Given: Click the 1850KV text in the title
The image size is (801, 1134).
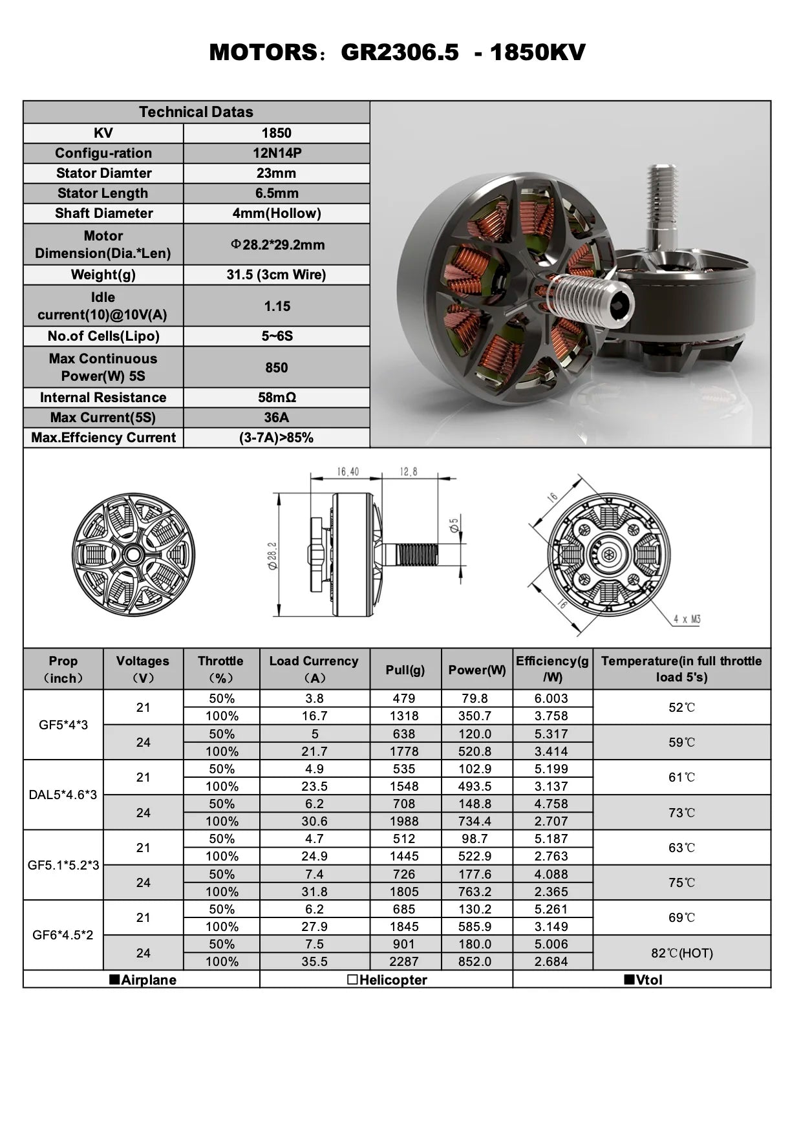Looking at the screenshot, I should coord(537,52).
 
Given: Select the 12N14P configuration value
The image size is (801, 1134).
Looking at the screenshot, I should coord(277,153).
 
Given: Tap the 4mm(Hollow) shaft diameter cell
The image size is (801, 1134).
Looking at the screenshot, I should coord(277,213).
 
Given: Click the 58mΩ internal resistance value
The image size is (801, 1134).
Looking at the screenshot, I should coord(277,398).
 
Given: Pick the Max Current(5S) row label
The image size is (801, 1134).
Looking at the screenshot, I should coord(103,418).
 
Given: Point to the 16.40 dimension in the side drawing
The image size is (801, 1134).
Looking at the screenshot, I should coord(347,472).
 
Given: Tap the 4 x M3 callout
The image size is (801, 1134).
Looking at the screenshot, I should coord(687,619).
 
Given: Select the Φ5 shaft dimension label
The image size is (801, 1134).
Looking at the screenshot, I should coord(454,525).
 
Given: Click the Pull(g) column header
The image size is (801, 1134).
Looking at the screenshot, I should coord(405,670).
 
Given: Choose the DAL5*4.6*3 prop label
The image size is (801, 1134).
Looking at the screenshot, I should coord(63,795).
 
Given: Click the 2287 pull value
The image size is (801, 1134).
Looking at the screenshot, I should coord(404,962).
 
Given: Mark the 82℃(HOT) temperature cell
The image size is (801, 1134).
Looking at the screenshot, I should coord(681,953).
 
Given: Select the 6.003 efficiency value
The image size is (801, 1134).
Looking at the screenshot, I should coord(551,699).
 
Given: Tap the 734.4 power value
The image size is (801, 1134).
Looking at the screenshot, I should coord(475,822).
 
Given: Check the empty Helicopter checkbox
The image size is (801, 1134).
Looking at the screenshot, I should coord(352,979).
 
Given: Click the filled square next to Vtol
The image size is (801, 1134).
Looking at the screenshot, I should coord(628,979).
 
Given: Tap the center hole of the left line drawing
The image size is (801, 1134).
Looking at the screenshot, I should coord(134,554).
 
